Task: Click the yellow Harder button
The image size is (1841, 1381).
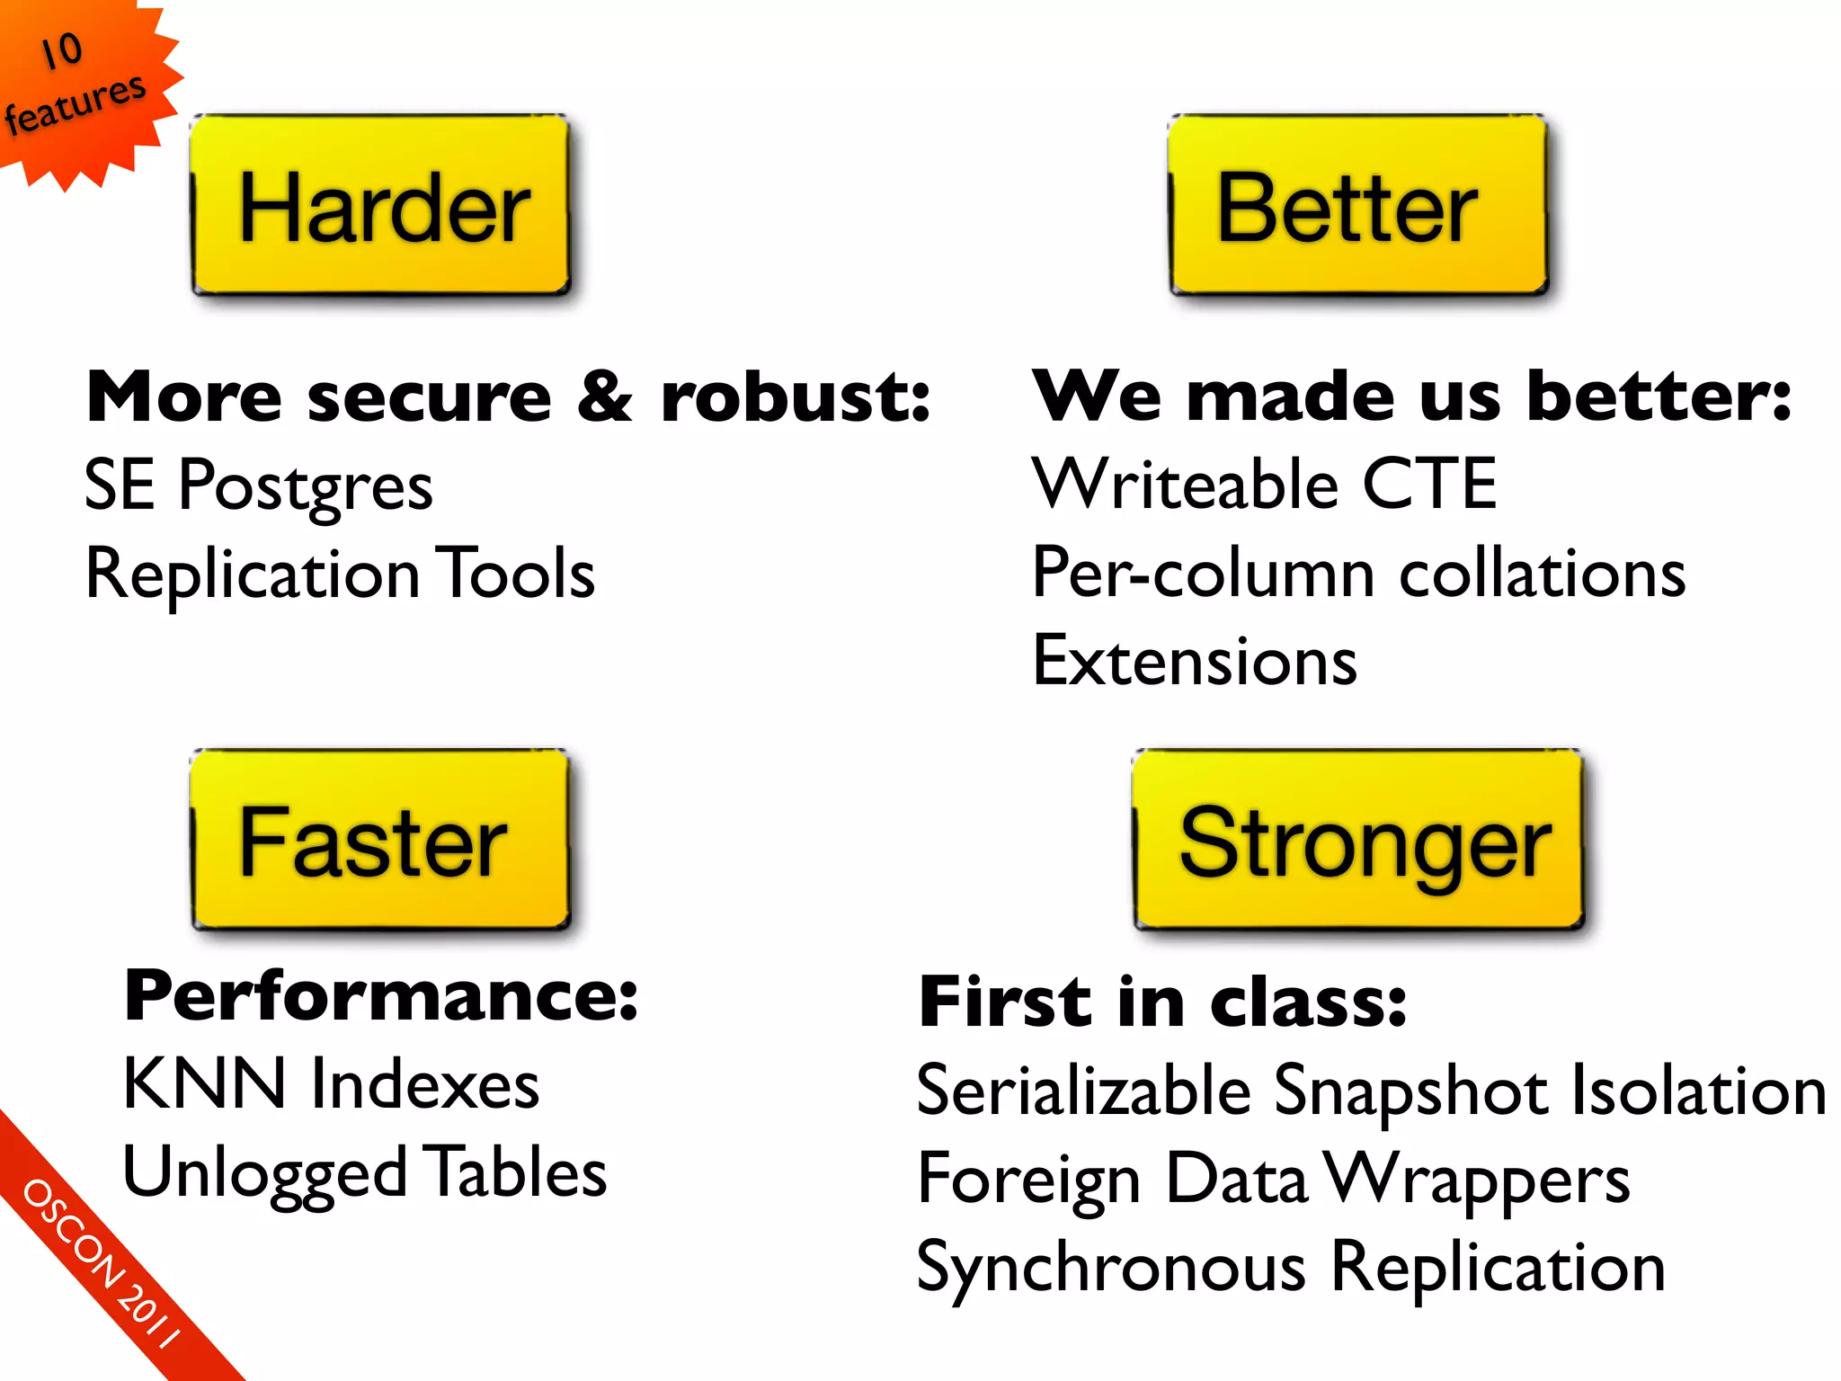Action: coord(381,206)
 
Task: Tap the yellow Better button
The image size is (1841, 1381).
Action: coord(1357,206)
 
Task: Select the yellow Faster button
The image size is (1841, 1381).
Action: coord(381,841)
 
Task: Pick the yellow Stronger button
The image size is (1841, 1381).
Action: coord(1357,841)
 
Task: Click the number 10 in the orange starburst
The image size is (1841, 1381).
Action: coord(62,50)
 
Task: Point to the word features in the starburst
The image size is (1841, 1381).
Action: coord(76,103)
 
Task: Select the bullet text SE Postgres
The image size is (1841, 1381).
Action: coord(258,486)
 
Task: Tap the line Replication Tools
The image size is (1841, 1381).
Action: coord(340,574)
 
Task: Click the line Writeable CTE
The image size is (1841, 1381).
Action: coord(1264,486)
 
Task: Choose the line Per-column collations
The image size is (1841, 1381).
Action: coord(1357,574)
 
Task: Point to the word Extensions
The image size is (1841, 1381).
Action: coord(1194,662)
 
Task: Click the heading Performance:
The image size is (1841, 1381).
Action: coord(381,996)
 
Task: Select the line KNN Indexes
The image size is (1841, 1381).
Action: coord(331,1084)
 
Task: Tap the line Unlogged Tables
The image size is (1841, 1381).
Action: coord(365,1172)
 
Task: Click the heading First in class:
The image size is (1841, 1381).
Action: coord(1161,1002)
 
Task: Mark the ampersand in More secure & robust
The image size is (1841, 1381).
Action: coord(605,397)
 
